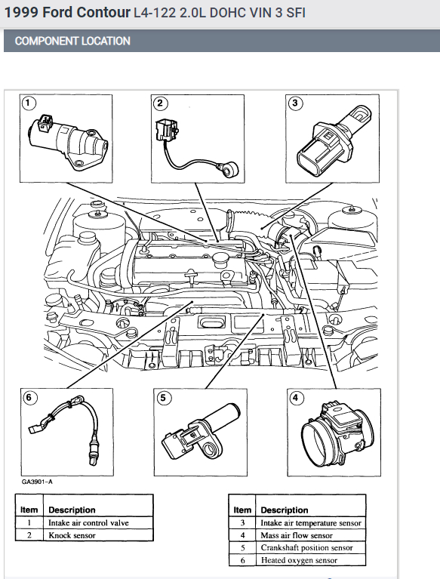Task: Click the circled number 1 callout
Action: coord(29,103)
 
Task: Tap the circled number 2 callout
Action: coord(160,103)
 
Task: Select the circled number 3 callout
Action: coord(295,103)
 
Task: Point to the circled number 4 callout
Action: coord(295,398)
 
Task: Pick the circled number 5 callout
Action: coord(164,398)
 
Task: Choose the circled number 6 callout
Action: coord(29,398)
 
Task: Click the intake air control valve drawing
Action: coord(68,142)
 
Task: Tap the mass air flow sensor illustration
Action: coord(337,435)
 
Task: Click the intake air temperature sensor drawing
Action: coord(335,140)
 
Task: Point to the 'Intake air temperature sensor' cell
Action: coord(311,522)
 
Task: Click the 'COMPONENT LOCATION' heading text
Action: coord(72,41)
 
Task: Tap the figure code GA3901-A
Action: coord(37,482)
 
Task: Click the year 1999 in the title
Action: coord(21,13)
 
